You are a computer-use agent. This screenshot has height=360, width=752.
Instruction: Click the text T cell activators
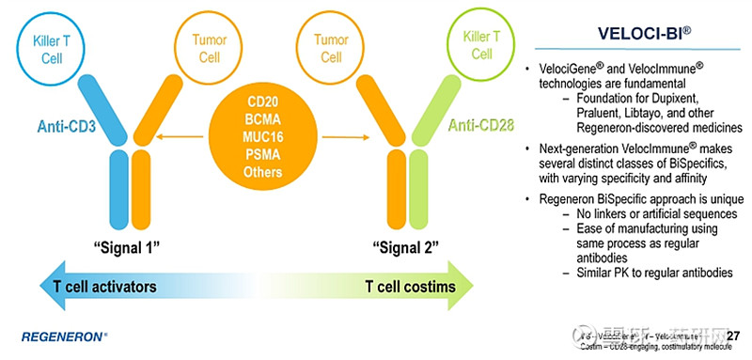coord(102,286)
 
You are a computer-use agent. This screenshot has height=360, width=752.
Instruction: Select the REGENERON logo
coord(64,336)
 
